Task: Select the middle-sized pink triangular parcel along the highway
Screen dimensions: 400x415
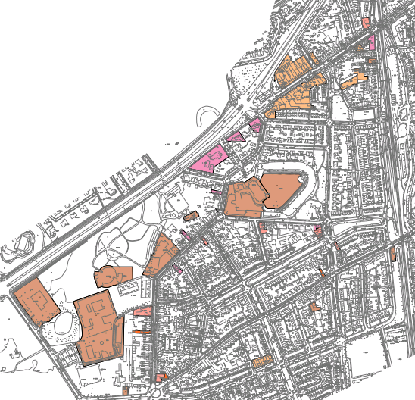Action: (x=236, y=136)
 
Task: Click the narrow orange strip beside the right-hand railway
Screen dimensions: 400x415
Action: (x=392, y=253)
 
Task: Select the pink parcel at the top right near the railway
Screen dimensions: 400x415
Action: (x=371, y=42)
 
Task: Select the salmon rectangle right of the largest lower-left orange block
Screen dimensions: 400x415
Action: (x=142, y=312)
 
